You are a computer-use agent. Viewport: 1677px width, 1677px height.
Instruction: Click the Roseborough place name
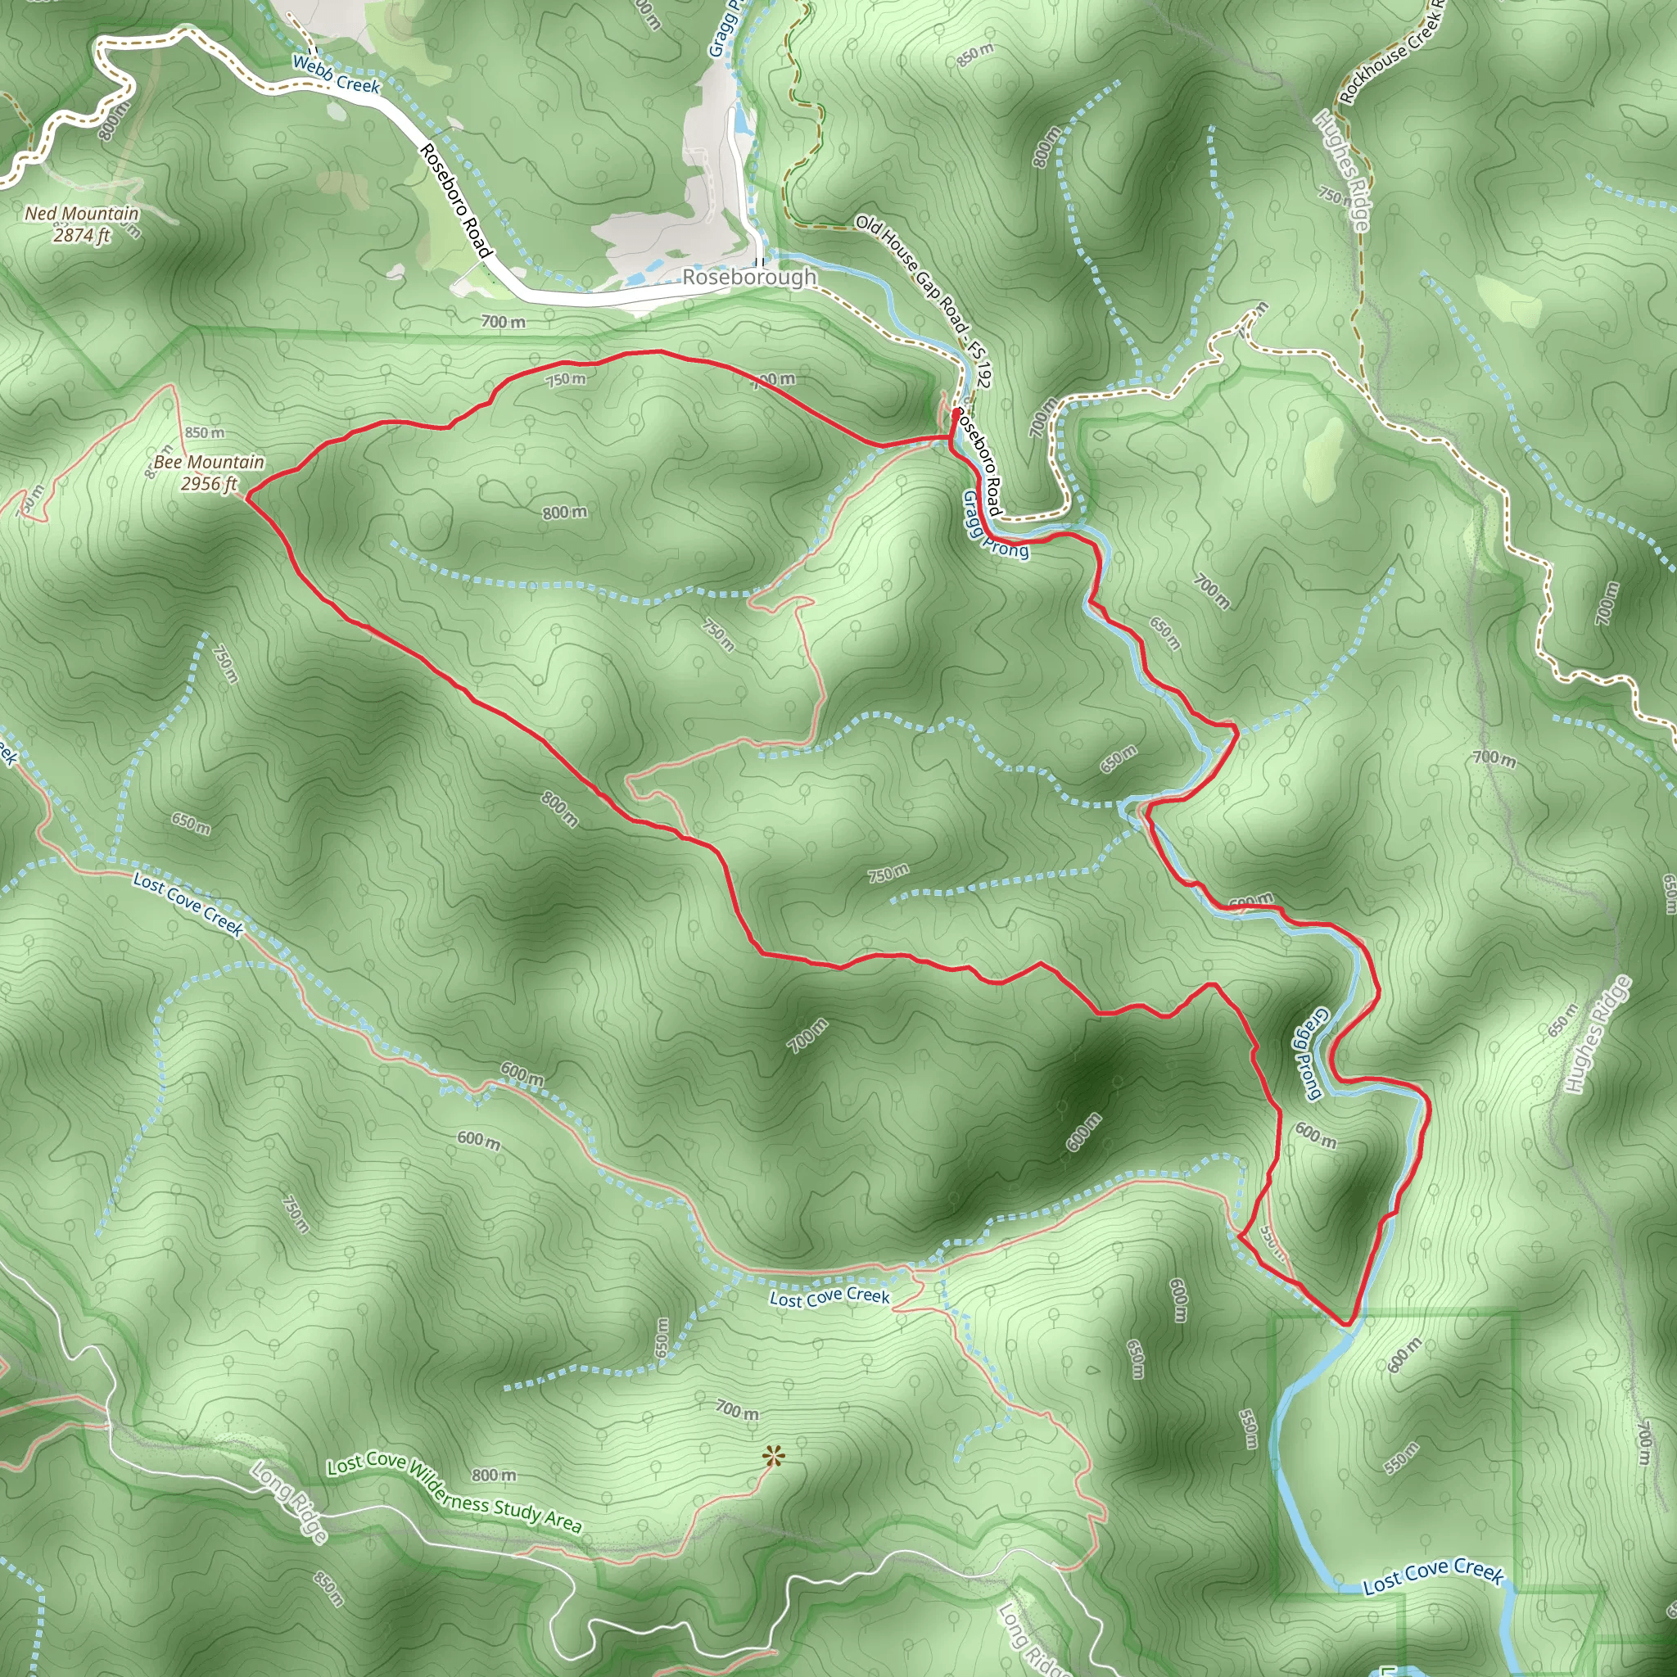pos(749,277)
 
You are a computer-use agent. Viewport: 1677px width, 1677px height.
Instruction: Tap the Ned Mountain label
pos(82,214)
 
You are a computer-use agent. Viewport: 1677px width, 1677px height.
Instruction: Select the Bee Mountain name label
pos(209,463)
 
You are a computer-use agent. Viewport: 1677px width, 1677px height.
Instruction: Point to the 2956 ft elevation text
pos(208,483)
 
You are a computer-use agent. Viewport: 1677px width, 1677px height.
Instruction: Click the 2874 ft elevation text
pos(82,234)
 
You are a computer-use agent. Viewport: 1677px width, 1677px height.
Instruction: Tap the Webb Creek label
pos(336,74)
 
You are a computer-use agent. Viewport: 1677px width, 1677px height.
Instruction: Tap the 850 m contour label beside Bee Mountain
pos(204,432)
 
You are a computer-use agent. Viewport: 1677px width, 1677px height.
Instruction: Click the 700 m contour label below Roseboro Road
pos(504,322)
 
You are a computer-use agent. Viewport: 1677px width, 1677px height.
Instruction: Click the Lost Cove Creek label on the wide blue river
pos(1433,1577)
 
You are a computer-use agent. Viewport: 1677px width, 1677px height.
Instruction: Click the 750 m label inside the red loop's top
pos(566,379)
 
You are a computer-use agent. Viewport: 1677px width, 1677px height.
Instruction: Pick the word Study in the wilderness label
pos(518,1512)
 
